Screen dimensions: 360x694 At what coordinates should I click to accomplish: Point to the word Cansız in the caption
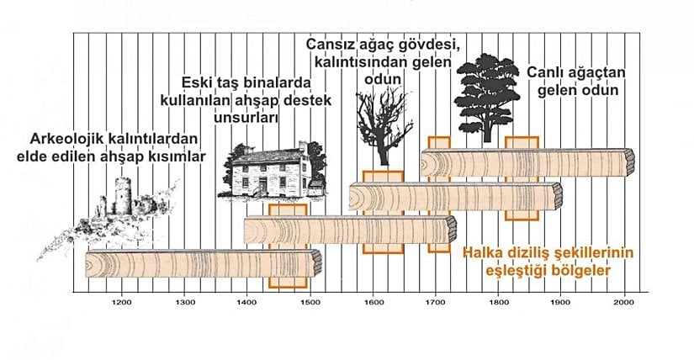point(329,45)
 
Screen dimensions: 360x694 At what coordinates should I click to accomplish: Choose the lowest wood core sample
point(202,265)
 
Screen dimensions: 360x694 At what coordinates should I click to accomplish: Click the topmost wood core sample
point(527,161)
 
